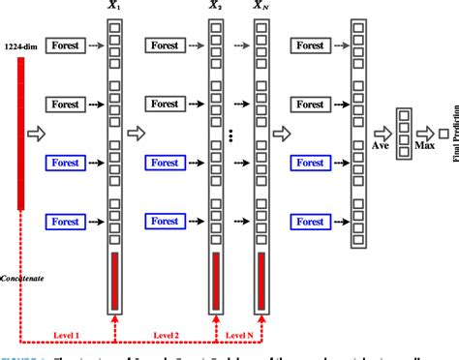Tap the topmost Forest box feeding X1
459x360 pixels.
pyautogui.click(x=67, y=45)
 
